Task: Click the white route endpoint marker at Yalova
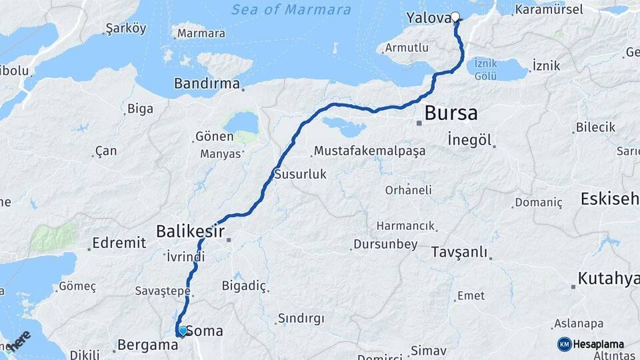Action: pos(455,17)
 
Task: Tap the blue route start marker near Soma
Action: pos(183,330)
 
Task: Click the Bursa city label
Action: pos(451,113)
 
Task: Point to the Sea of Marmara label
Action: pos(291,10)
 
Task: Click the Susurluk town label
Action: pos(300,174)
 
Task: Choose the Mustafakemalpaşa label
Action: pos(369,151)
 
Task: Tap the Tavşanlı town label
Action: pos(459,253)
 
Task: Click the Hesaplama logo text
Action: pos(599,344)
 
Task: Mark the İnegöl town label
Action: pos(470,140)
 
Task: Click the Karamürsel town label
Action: pos(549,9)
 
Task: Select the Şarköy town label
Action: pos(126,28)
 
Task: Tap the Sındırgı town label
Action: pos(301,318)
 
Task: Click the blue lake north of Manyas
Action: pos(241,122)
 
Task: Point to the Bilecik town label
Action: pos(595,127)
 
